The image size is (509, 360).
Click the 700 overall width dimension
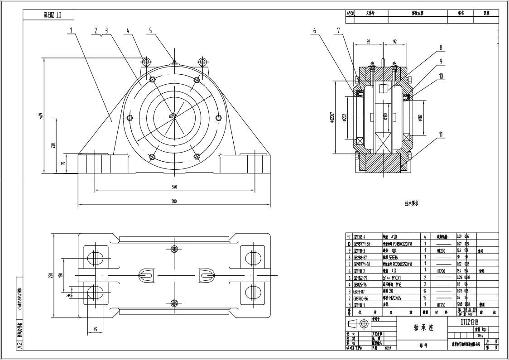174,202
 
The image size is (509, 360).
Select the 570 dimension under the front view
174,186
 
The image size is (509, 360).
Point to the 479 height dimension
40,116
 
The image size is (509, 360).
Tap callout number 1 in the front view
71,30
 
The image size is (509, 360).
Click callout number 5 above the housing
150,30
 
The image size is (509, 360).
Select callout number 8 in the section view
440,47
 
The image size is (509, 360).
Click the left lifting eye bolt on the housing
146,61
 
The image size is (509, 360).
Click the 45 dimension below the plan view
96,329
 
